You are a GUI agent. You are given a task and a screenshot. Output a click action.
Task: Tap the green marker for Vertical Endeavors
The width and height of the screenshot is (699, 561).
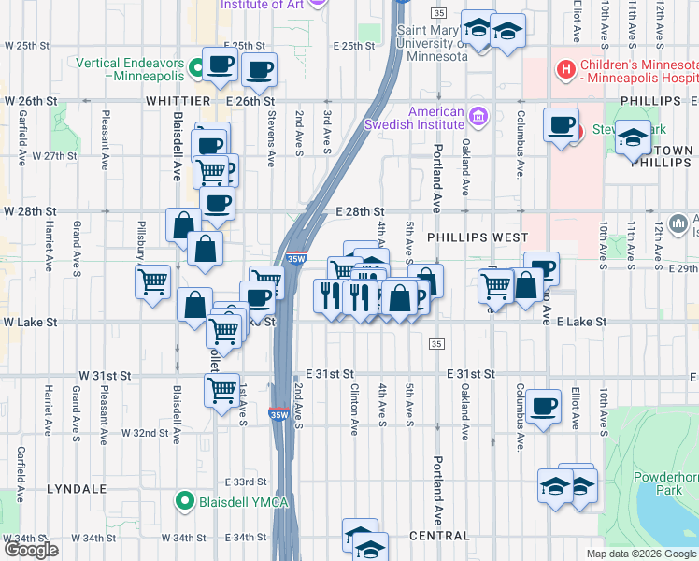point(196,67)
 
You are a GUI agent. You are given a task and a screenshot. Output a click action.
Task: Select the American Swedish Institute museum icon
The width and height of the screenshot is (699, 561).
point(478,117)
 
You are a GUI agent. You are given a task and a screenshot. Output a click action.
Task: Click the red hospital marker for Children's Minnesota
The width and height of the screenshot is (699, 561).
point(563,68)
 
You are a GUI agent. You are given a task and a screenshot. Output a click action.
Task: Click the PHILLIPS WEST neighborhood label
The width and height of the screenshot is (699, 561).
point(478,238)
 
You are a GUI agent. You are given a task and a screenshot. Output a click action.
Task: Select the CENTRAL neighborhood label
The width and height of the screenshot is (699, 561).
point(439,536)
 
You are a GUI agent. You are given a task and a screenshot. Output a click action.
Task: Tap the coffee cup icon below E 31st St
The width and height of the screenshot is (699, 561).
point(543,406)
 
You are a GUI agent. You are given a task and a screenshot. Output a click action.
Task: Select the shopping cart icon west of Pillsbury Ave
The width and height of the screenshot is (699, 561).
point(152,280)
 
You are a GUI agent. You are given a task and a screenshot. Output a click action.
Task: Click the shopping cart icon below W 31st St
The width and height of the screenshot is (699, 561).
point(221,389)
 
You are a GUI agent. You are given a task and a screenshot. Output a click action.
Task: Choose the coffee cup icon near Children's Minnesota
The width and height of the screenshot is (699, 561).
point(562,124)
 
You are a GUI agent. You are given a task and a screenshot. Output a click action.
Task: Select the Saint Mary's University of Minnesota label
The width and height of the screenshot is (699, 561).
point(434,42)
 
